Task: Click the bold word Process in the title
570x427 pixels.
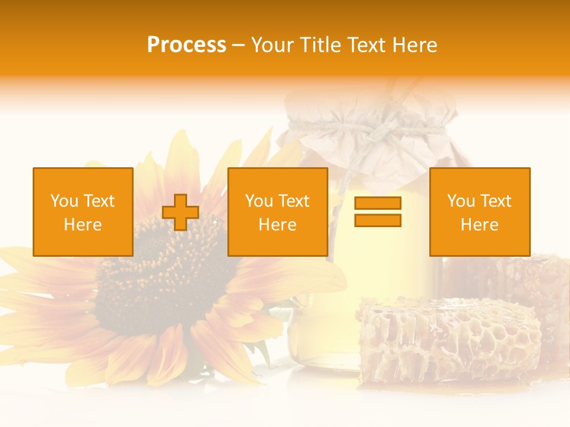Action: coord(186,45)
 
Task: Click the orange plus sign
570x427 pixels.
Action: coord(180,212)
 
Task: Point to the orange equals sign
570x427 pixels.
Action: coord(378,212)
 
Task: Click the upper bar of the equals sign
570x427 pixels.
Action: coord(378,203)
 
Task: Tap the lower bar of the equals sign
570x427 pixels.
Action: coord(378,220)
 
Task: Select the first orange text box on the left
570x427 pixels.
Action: coord(83,212)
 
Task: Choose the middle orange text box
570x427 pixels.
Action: coord(278,212)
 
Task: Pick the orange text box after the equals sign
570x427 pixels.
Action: coord(480,212)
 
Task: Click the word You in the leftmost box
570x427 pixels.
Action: coord(64,201)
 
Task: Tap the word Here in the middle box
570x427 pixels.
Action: coord(278,224)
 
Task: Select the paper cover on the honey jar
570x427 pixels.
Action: coord(362,142)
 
